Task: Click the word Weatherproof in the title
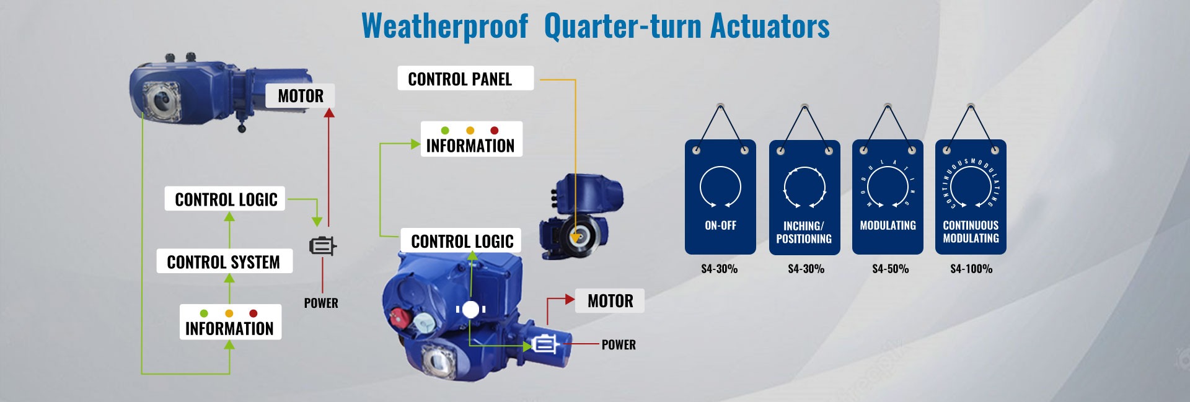(x=444, y=26)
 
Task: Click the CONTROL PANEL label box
(x=465, y=79)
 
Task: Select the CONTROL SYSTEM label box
(x=224, y=261)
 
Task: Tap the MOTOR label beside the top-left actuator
(x=301, y=96)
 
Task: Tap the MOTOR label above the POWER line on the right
(x=610, y=301)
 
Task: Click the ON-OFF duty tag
(x=720, y=197)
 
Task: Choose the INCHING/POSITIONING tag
(x=804, y=197)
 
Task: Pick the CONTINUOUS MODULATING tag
(x=971, y=197)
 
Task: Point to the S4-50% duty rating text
(x=890, y=269)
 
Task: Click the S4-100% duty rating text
(x=971, y=269)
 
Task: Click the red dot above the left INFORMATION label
(x=253, y=313)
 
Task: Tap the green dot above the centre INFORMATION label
(x=445, y=131)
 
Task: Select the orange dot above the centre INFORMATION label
(x=470, y=131)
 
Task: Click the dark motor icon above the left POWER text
(x=322, y=247)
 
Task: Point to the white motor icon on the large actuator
(x=545, y=344)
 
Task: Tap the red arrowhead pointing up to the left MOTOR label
(x=329, y=113)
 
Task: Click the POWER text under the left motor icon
(x=321, y=303)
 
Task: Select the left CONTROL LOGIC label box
(x=225, y=199)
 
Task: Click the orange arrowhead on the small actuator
(x=576, y=237)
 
